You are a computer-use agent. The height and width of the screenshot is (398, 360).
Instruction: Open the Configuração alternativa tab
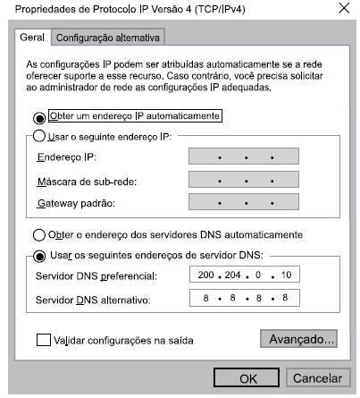(112, 38)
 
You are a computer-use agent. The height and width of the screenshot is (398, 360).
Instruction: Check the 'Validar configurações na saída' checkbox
(44, 340)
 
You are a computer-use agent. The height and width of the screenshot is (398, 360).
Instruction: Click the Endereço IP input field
(245, 158)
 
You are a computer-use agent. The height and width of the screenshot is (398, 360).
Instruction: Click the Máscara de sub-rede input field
(245, 182)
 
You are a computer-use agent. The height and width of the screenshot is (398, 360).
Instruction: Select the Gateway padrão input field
(245, 204)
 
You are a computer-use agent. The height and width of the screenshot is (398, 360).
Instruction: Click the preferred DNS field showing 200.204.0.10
(245, 275)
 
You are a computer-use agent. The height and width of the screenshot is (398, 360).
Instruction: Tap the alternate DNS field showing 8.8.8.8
(245, 298)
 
